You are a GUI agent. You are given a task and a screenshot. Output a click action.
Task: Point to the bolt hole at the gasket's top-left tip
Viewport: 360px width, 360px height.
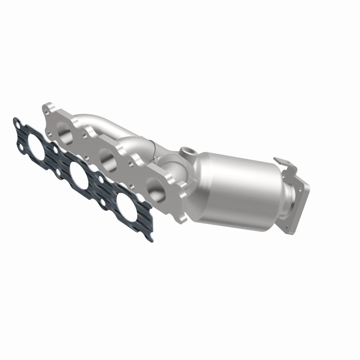(x=16, y=121)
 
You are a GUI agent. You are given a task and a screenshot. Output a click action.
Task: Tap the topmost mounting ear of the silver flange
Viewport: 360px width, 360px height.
(x=48, y=108)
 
